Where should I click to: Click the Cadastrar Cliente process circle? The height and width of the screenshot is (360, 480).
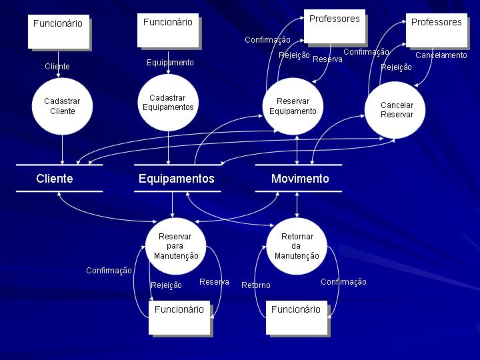coord(62,106)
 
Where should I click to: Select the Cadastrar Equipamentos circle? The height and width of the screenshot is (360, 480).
coord(168,103)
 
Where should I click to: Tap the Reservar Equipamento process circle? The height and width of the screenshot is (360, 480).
coord(293,106)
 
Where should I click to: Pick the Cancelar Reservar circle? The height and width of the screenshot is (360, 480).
coord(397,109)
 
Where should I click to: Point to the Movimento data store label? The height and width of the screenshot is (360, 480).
coord(300,179)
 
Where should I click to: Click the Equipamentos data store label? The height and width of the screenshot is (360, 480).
coord(177,179)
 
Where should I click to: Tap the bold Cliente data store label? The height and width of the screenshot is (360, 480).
coord(55,179)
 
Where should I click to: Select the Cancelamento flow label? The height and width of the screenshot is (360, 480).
coord(441,55)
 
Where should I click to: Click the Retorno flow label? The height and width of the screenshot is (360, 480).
coord(256,285)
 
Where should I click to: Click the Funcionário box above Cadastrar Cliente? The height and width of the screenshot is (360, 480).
coord(58,31)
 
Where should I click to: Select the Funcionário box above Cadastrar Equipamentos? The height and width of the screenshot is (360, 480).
coord(167,30)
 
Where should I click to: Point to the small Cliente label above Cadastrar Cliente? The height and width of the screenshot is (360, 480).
coord(57,67)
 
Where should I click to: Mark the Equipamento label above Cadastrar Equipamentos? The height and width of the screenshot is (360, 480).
coord(170,63)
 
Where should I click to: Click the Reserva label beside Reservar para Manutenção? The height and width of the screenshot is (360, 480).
coord(214,282)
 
